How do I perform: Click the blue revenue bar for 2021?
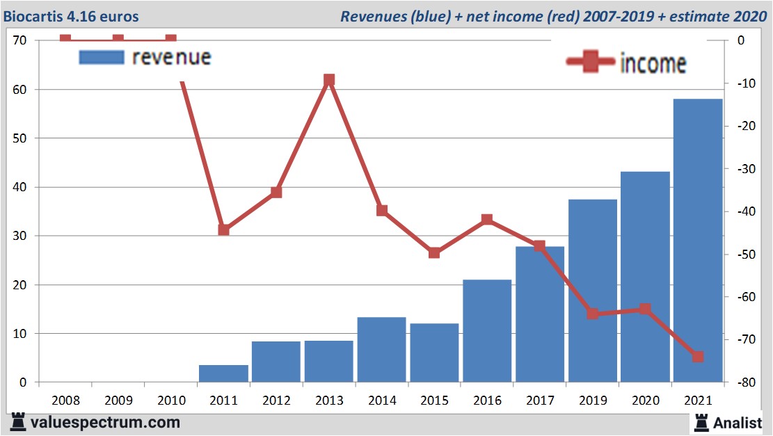point(698,240)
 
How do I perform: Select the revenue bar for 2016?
point(487,331)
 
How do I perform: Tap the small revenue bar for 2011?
point(223,373)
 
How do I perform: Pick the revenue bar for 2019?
point(593,291)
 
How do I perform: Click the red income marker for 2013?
point(329,80)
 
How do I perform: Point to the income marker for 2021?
point(698,357)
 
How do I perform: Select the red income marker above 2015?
point(434,252)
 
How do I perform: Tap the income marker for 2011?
point(223,229)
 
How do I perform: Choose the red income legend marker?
point(591,62)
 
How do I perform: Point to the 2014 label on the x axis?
point(382,401)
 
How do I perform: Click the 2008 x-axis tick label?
point(65,401)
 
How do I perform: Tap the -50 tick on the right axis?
point(739,255)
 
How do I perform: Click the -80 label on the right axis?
point(739,383)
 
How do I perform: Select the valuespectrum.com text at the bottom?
point(105,422)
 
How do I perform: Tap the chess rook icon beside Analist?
point(701,421)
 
